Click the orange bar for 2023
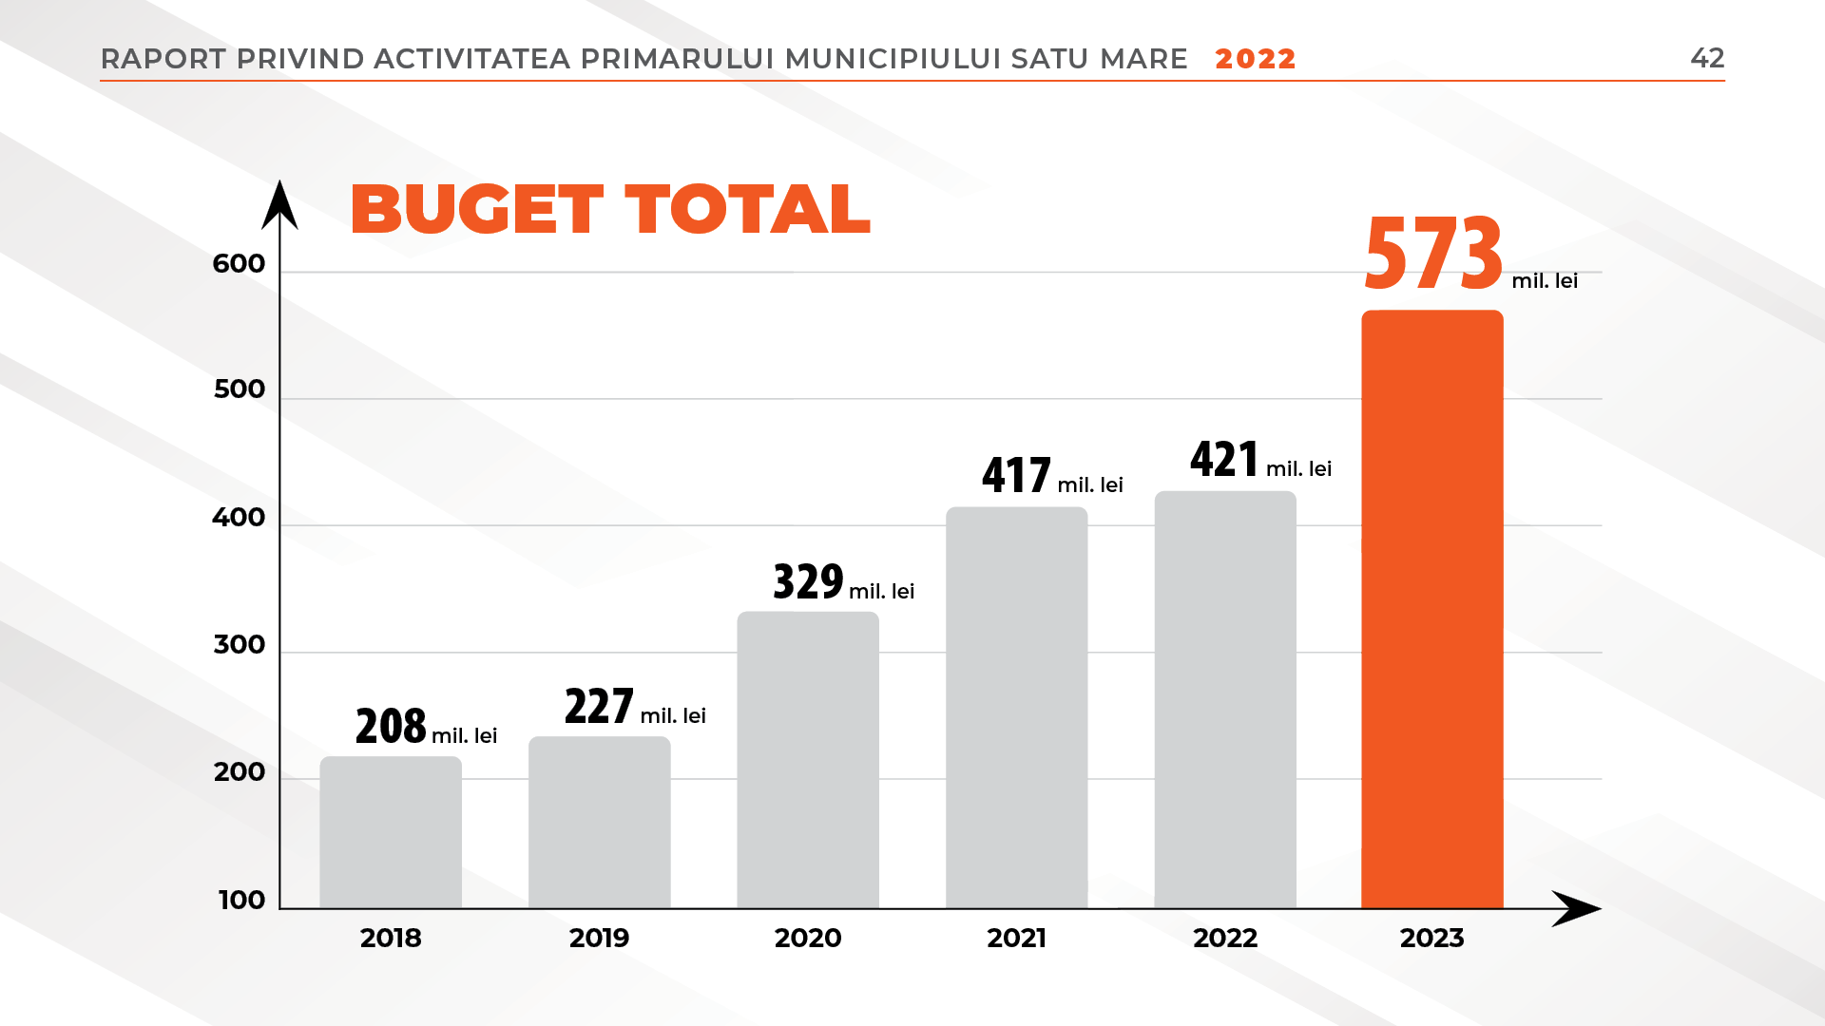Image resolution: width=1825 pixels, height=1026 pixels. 1431,608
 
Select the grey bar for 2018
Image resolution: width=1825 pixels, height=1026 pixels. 391,832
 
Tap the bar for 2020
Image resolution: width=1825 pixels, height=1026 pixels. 808,760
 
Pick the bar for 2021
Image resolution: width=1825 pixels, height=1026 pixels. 1016,708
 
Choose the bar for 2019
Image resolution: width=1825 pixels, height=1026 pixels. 599,823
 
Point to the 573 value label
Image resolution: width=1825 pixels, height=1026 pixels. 1433,253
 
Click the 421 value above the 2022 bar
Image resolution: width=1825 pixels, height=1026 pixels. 1224,460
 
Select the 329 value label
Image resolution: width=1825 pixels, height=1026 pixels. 808,581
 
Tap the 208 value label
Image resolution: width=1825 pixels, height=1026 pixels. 391,727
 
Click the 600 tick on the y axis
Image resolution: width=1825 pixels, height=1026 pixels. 239,264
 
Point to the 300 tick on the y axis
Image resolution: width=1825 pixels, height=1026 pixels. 239,645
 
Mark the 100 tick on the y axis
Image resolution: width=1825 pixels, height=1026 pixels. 241,900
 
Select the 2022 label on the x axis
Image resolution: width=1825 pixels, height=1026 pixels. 1224,939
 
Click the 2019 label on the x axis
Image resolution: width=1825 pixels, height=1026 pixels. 599,939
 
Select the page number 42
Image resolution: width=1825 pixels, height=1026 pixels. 1707,58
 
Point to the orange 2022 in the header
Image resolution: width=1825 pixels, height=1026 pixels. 1255,59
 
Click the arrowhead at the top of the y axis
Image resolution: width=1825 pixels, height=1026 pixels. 279,204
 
